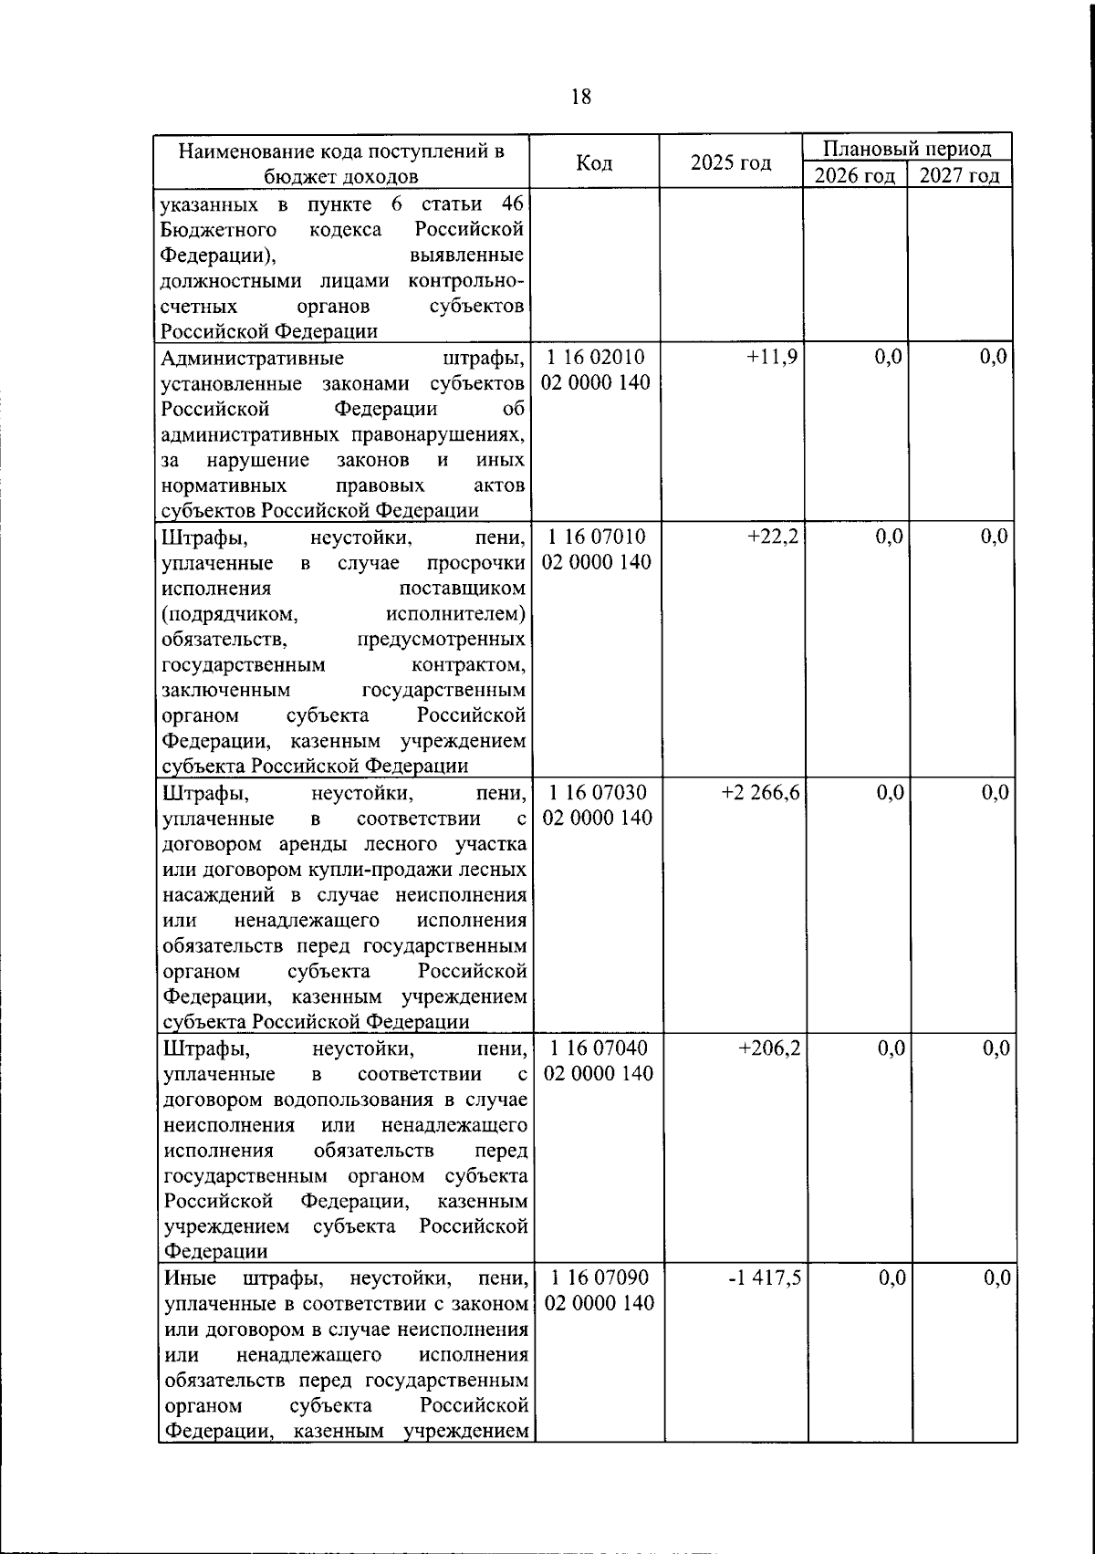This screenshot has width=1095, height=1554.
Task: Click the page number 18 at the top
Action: pyautogui.click(x=580, y=97)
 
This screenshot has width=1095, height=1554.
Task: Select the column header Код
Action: pyautogui.click(x=595, y=162)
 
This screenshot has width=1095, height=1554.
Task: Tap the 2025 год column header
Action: pyautogui.click(x=731, y=162)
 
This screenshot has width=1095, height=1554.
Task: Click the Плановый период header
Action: pyautogui.click(x=908, y=148)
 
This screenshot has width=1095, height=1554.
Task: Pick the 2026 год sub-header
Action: pyautogui.click(x=855, y=175)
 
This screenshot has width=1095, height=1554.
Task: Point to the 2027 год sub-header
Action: pyautogui.click(x=960, y=175)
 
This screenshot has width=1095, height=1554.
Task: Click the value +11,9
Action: pyautogui.click(x=772, y=357)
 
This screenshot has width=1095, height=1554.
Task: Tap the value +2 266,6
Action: pyautogui.click(x=760, y=792)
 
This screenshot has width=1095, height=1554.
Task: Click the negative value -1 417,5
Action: pyautogui.click(x=764, y=1278)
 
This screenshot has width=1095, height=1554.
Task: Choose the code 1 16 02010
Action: pyautogui.click(x=596, y=357)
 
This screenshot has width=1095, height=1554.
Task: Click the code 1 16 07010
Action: pyautogui.click(x=596, y=537)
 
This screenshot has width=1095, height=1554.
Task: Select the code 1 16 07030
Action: pyautogui.click(x=597, y=792)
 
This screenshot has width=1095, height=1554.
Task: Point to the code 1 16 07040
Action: pyautogui.click(x=598, y=1048)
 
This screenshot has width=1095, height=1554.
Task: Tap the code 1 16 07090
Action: pyautogui.click(x=599, y=1278)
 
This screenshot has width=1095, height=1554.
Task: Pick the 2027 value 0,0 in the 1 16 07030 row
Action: pyautogui.click(x=995, y=792)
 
